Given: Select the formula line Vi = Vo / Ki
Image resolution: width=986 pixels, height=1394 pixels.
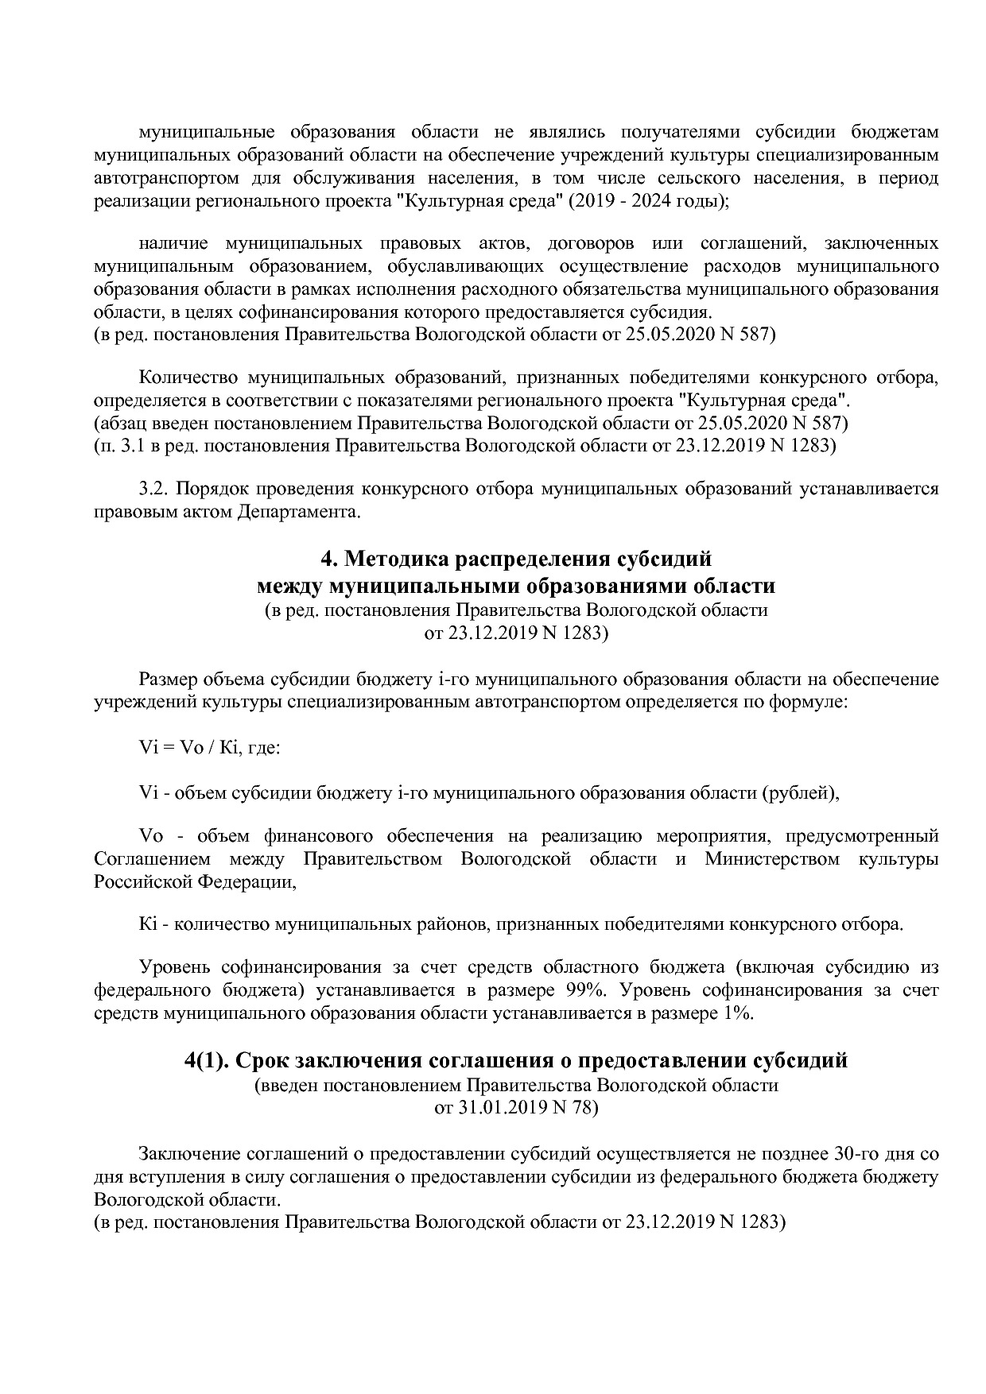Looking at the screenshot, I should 209,749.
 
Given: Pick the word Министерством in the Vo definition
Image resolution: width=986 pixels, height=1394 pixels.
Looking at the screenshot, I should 771,859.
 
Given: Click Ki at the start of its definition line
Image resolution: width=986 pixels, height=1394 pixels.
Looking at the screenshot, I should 148,924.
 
